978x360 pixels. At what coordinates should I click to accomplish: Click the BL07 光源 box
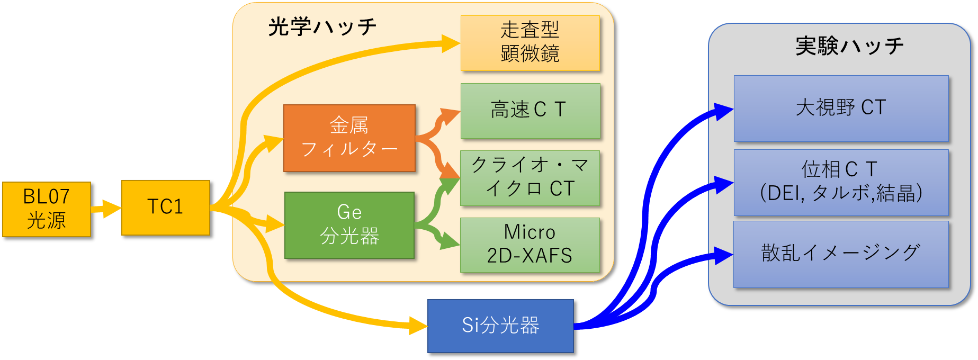click(x=47, y=209)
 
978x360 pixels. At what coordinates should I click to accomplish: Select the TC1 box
click(x=166, y=208)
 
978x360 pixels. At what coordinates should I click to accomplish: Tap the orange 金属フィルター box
click(x=349, y=138)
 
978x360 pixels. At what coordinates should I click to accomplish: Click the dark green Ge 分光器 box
click(x=349, y=226)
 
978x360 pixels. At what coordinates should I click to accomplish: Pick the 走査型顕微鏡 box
click(x=530, y=43)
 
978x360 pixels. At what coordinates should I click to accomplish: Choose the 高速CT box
click(x=530, y=111)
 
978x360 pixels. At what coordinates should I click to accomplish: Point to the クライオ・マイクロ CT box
click(x=530, y=178)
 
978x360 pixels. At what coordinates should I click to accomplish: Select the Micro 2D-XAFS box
click(x=530, y=245)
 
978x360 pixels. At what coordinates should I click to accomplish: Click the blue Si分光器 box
click(x=500, y=326)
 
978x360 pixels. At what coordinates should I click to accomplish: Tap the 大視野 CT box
click(x=841, y=108)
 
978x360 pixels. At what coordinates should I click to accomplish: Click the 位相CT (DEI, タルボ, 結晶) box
click(x=841, y=182)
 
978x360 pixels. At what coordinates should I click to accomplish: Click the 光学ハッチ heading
click(x=322, y=27)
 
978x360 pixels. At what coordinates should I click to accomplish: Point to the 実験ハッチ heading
click(x=849, y=47)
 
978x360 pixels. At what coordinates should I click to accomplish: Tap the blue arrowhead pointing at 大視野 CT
click(x=723, y=111)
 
